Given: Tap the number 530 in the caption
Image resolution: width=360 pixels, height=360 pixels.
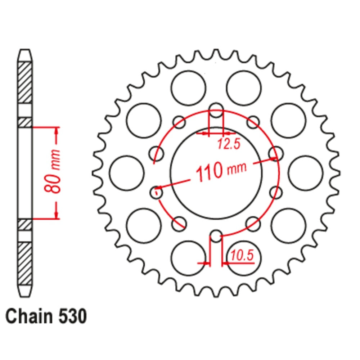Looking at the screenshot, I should [71, 317].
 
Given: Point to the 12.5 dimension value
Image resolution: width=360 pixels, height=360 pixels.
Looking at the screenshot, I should [228, 144].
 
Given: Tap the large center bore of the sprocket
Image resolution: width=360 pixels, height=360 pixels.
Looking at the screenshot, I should [216, 173].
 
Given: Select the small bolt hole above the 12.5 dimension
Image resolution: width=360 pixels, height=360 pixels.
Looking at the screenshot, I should [216, 111].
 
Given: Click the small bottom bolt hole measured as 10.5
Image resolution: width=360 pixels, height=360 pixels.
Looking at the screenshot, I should [216, 236].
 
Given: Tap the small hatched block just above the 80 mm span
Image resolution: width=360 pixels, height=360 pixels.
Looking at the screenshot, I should [25, 122].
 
